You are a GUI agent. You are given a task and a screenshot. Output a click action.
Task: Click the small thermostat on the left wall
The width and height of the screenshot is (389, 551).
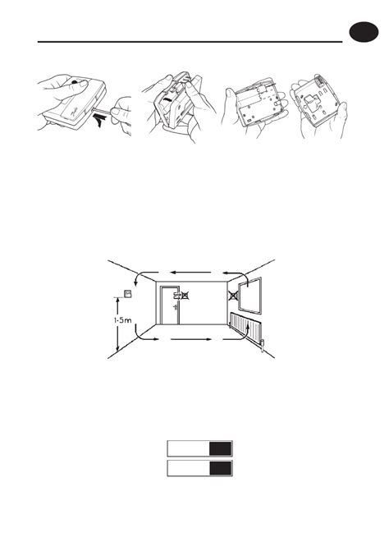coord(127,295)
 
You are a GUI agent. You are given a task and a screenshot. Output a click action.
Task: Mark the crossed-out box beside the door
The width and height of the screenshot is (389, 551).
coord(187,293)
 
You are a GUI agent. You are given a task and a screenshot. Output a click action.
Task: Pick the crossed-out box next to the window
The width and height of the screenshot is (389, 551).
coord(234,292)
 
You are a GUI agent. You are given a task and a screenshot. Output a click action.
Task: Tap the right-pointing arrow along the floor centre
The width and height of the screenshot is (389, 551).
coord(190,337)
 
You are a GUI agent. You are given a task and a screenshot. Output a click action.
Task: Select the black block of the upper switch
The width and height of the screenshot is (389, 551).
coord(220,448)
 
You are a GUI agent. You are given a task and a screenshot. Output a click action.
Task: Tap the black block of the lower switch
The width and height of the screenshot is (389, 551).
coord(220,469)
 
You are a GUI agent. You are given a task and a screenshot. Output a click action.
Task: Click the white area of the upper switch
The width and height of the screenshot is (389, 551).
coord(188,448)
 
